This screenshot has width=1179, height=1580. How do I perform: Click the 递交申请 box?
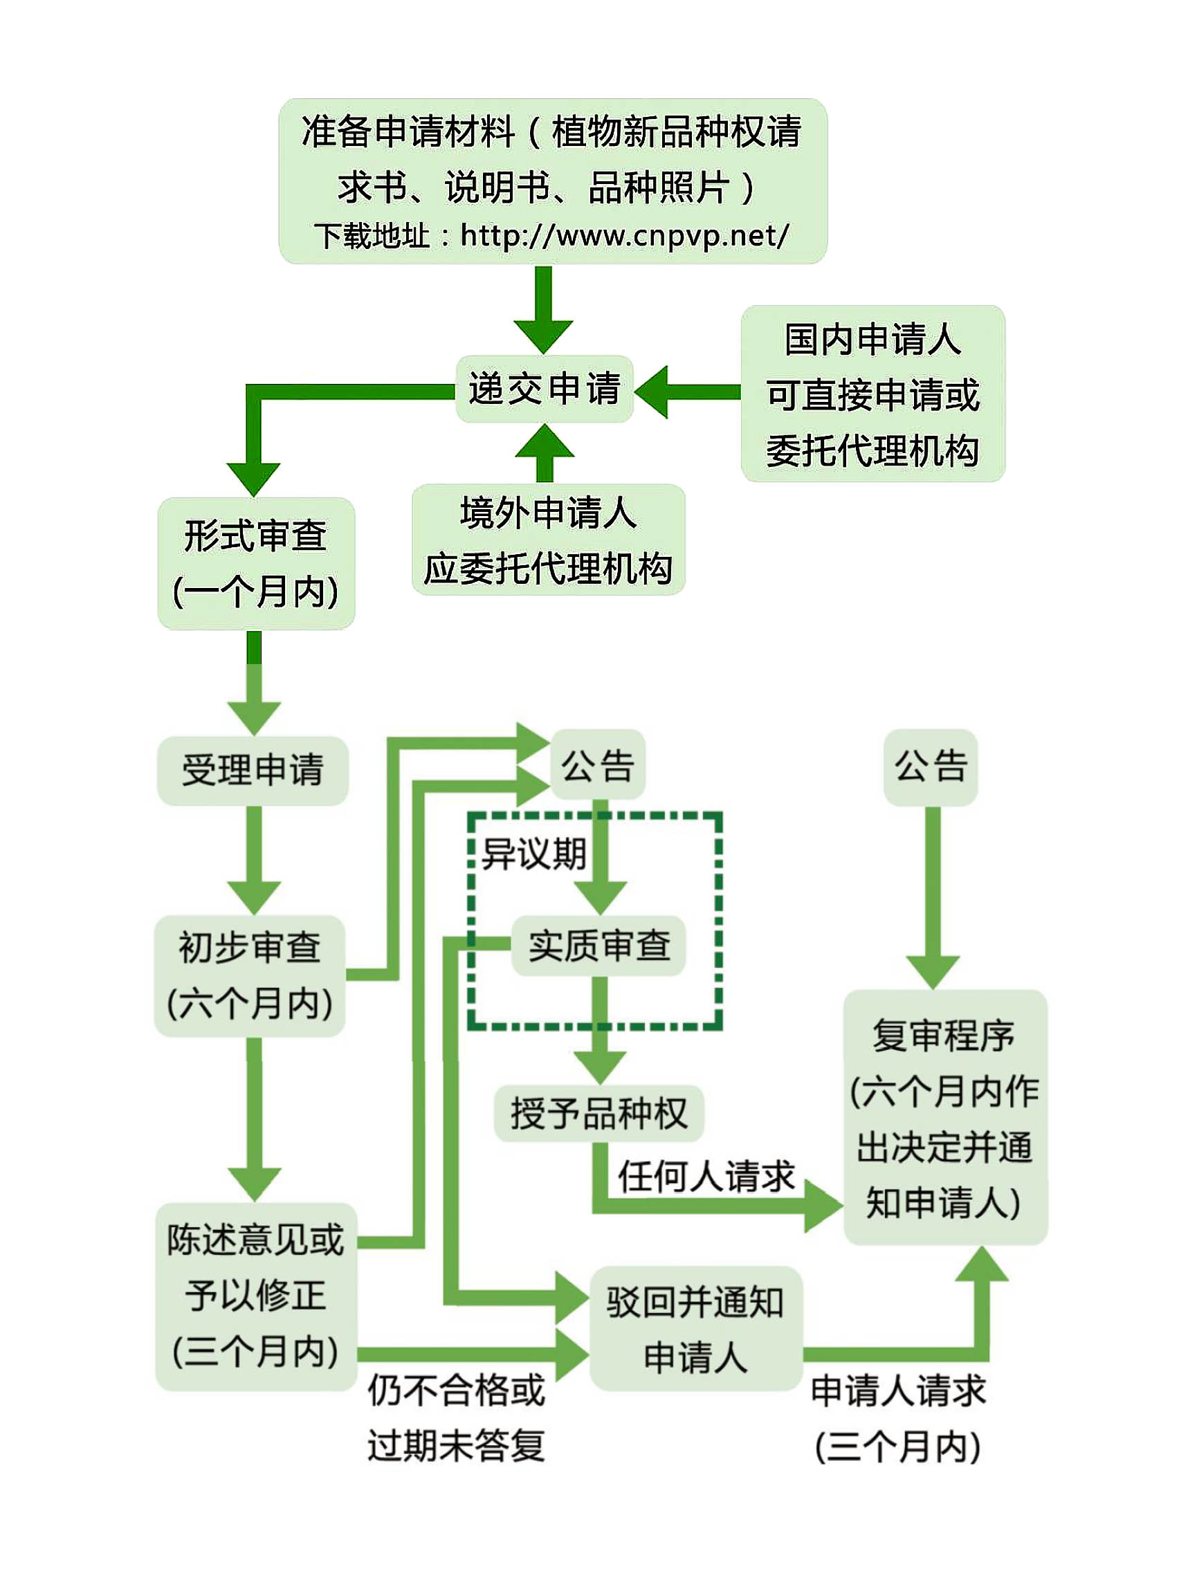[544, 389]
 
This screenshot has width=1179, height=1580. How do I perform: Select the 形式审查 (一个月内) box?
[255, 563]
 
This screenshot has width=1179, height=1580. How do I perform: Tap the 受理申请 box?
[253, 770]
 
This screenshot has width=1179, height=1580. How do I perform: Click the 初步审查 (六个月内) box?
[250, 975]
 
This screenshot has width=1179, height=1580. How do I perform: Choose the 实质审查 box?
[598, 946]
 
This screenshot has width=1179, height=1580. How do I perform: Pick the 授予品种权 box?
[598, 1113]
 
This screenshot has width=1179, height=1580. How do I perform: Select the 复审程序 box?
[945, 1118]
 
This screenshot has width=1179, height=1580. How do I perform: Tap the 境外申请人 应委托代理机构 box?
[548, 540]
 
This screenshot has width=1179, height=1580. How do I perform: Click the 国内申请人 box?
[872, 394]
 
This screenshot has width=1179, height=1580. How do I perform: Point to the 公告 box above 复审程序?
[931, 766]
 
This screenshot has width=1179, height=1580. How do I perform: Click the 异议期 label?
[534, 854]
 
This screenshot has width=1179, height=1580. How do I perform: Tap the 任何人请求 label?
[706, 1175]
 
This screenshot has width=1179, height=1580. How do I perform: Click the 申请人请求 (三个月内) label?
[899, 1419]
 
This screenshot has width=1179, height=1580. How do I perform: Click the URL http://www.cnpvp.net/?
[625, 235]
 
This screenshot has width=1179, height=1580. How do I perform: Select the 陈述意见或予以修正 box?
[255, 1296]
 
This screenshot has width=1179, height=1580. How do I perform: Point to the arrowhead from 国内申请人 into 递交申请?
[652, 392]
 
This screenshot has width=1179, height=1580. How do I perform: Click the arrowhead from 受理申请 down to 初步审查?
[254, 897]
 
